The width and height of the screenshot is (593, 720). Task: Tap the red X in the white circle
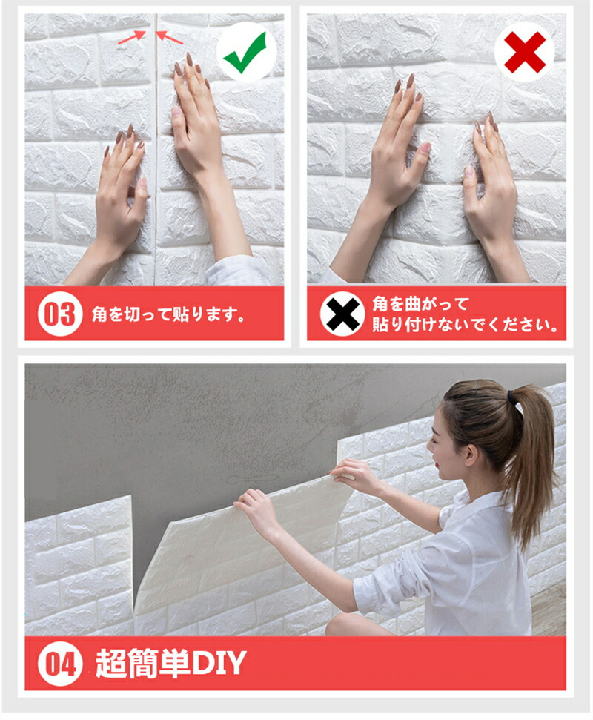click(x=524, y=52)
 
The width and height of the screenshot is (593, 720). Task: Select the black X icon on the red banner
click(x=342, y=314)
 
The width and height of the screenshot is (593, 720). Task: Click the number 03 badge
click(x=59, y=314)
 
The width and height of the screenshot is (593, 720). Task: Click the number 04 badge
click(x=59, y=664)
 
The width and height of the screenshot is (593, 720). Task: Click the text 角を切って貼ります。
click(x=168, y=314)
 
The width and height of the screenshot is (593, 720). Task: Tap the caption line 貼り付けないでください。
click(x=465, y=324)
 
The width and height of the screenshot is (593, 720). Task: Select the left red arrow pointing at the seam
click(x=132, y=37)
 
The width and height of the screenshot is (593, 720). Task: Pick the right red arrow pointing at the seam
click(x=169, y=37)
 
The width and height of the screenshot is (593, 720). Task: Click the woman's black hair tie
click(x=514, y=397)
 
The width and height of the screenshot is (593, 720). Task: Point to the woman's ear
click(x=471, y=455)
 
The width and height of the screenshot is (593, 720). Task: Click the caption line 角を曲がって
click(x=420, y=304)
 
